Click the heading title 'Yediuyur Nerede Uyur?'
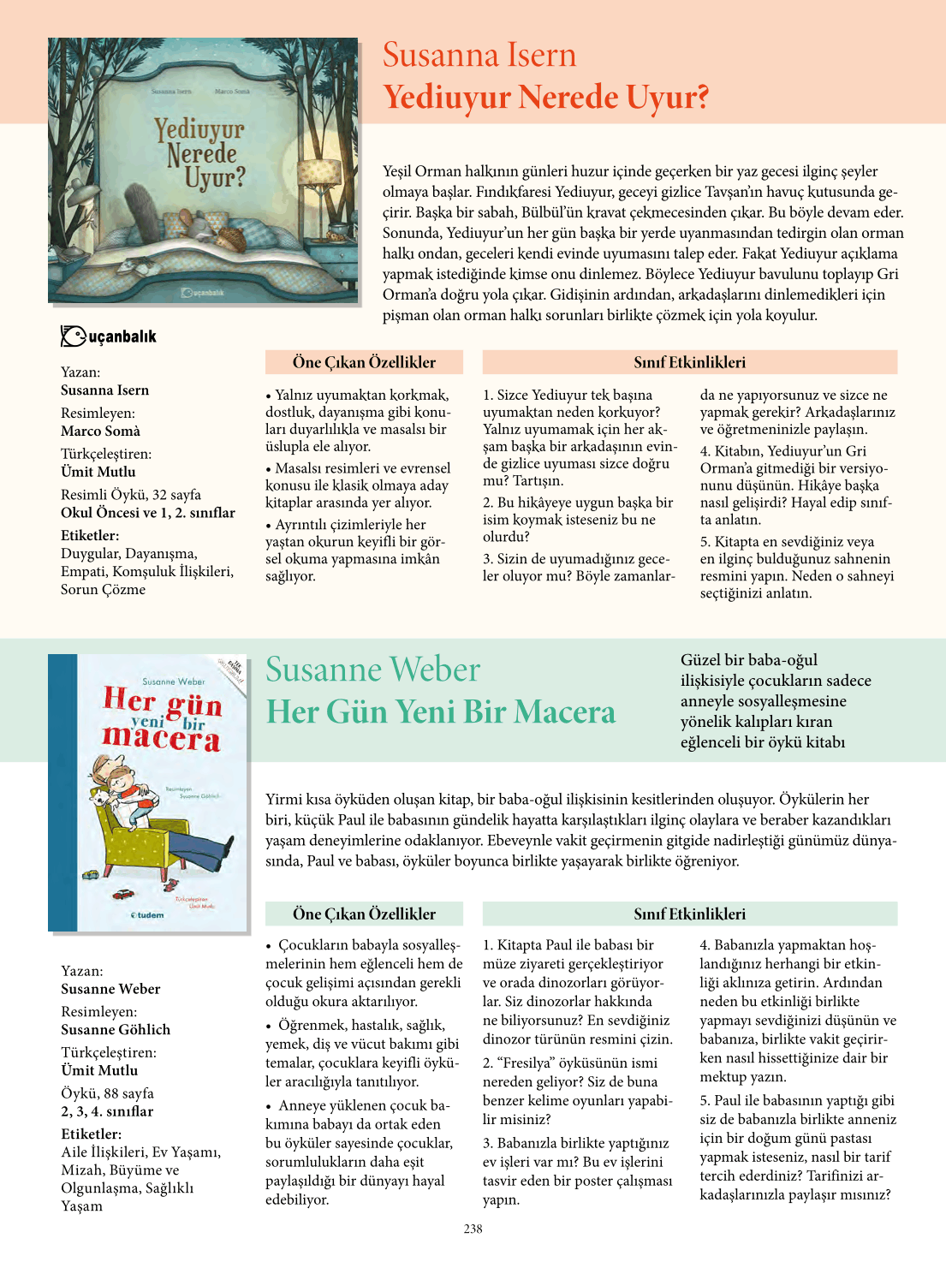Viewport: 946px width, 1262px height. pyautogui.click(x=545, y=98)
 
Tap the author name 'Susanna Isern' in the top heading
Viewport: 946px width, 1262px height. pyautogui.click(x=479, y=55)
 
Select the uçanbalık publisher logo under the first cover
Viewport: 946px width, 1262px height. pyautogui.click(x=109, y=336)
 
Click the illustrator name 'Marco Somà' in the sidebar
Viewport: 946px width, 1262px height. pyautogui.click(x=100, y=431)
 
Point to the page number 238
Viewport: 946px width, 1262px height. pyautogui.click(x=473, y=1229)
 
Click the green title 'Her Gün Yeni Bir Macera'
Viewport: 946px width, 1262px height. pyautogui.click(x=440, y=712)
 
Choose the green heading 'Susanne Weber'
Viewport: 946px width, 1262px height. pyautogui.click(x=372, y=670)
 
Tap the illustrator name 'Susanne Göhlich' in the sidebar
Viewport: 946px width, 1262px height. pyautogui.click(x=116, y=1029)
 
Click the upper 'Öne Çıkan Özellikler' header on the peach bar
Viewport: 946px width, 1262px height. pyautogui.click(x=364, y=362)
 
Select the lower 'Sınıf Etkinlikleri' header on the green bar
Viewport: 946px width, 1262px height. pyautogui.click(x=689, y=914)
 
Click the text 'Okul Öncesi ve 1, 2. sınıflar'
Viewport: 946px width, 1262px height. pyautogui.click(x=147, y=513)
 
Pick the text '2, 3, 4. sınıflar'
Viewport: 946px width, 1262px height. pyautogui.click(x=107, y=1111)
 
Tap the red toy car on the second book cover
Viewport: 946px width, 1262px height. pyautogui.click(x=124, y=894)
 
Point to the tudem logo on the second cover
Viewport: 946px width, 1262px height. pyautogui.click(x=147, y=915)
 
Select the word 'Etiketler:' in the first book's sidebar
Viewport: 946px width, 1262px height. pyautogui.click(x=91, y=535)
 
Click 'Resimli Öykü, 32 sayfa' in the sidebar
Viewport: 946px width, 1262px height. pyautogui.click(x=131, y=495)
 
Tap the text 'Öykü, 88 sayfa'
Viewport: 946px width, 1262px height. pyautogui.click(x=107, y=1093)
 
